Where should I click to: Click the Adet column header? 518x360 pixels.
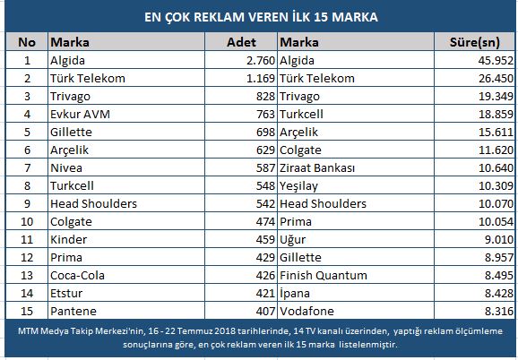tap(241, 42)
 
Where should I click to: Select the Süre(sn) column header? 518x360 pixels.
tap(475, 42)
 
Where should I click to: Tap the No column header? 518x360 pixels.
tap(27, 42)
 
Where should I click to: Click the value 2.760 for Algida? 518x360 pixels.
tap(261, 60)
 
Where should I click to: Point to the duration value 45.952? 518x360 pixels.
tap(496, 60)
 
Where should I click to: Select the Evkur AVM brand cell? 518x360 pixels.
tap(80, 114)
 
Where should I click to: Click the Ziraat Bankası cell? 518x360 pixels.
tap(317, 168)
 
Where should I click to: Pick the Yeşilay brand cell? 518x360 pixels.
tap(298, 186)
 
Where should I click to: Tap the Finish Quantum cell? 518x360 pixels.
tap(324, 275)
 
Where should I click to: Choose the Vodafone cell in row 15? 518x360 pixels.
tap(306, 311)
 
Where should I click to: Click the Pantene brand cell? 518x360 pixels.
tap(73, 311)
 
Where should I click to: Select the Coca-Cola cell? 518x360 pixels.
tap(77, 275)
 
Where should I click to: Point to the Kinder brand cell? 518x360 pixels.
tap(68, 240)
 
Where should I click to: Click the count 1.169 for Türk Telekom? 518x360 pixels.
tap(261, 78)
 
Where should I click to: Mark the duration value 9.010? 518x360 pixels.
tap(499, 240)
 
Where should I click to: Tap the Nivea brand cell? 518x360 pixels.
tap(66, 168)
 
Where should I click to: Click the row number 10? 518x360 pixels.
tap(27, 222)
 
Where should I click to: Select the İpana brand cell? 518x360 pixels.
tap(295, 294)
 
